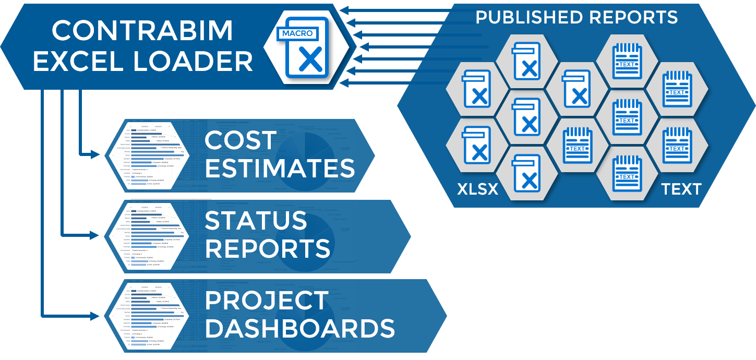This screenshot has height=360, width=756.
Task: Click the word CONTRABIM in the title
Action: click(142, 31)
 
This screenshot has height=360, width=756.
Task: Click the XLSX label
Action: click(477, 189)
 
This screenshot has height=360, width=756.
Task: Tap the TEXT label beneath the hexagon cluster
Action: click(681, 189)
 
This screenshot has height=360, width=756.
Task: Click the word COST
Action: click(241, 141)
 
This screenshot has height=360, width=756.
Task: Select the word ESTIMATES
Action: click(280, 169)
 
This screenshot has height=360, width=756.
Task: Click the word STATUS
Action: click(256, 221)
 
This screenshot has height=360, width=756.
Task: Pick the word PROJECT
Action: click(267, 301)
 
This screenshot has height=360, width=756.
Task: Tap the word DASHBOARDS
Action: click(299, 329)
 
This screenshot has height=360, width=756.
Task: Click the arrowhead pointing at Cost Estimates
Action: click(95, 154)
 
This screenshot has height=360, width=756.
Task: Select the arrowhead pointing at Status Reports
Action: click(95, 235)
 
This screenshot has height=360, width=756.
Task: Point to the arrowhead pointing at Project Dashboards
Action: click(95, 316)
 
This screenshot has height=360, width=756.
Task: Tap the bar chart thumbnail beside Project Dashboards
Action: click(148, 316)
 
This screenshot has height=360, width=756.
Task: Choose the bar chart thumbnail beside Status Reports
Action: click(148, 236)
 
